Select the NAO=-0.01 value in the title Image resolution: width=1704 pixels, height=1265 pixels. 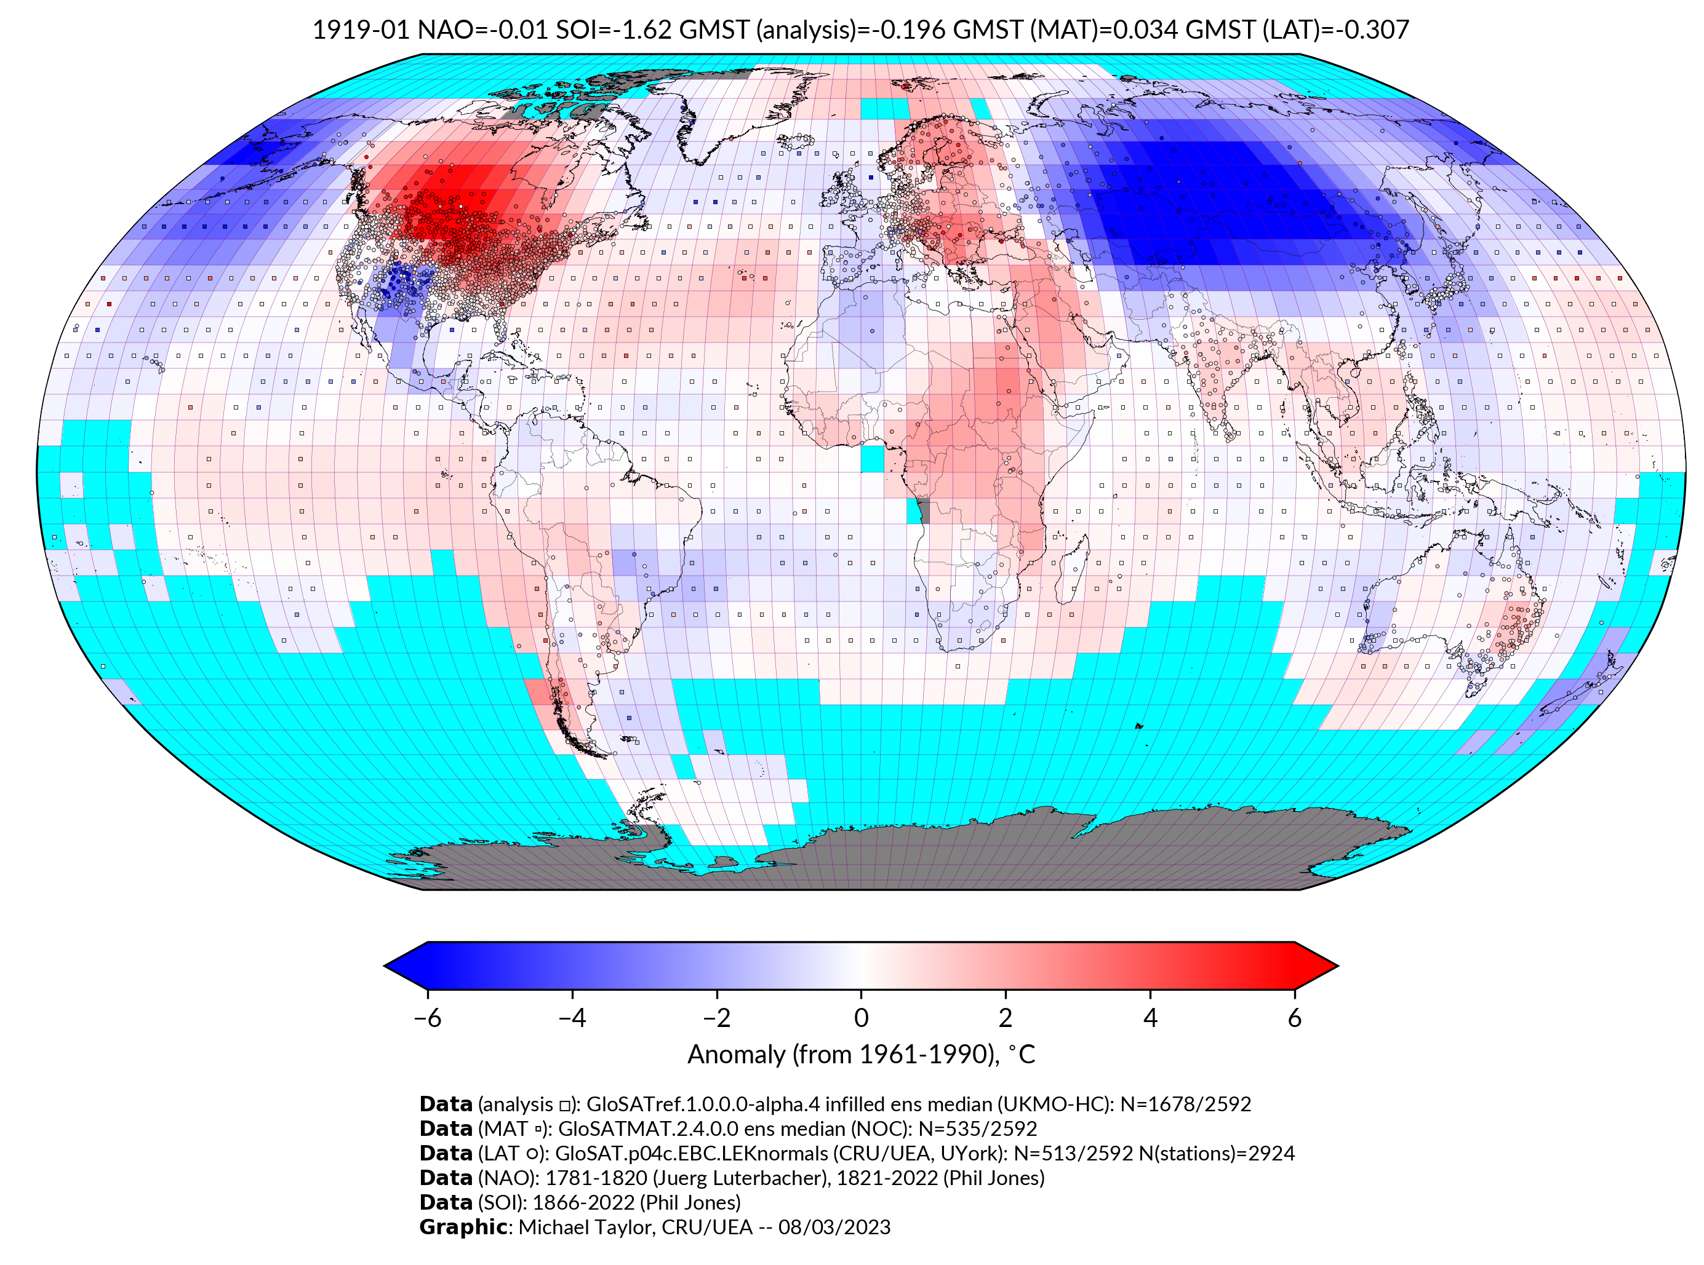(482, 30)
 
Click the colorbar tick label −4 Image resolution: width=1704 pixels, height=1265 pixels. (572, 1018)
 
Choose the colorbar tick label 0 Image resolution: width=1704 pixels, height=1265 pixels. (861, 1018)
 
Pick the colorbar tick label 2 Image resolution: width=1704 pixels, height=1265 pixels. (1006, 1018)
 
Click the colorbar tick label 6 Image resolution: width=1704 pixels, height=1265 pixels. (1294, 1018)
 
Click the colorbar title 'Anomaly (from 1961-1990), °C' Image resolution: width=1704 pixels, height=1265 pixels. (861, 1055)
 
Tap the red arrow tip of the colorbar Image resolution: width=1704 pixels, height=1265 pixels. (1318, 966)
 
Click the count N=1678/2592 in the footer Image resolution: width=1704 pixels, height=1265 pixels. (1185, 1104)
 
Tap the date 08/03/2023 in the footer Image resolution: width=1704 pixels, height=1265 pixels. (834, 1227)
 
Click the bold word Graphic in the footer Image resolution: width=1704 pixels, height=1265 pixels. (462, 1227)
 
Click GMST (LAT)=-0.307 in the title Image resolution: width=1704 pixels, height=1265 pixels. (1297, 30)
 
